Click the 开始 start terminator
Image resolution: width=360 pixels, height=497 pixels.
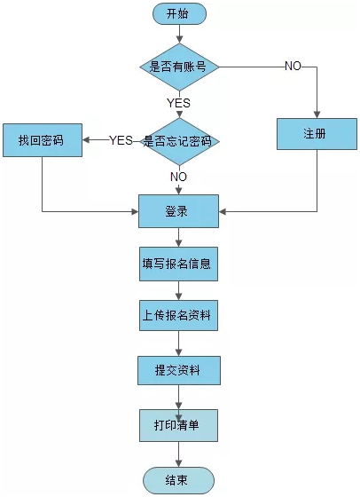pos(179,14)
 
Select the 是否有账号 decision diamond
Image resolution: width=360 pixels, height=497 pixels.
pos(179,67)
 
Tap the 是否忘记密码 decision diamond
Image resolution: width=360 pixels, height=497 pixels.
pos(179,140)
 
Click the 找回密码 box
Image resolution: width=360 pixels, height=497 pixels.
pos(42,140)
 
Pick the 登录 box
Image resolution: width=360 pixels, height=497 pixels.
pos(178,211)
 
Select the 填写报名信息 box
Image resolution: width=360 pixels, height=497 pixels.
pos(178,264)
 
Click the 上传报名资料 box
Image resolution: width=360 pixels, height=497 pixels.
pos(178,315)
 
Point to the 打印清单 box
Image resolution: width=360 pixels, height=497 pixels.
pos(178,425)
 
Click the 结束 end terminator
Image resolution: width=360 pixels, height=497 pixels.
pos(178,480)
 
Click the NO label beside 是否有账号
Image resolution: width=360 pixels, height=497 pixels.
pos(292,67)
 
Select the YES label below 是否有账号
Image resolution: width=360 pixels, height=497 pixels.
pos(179,102)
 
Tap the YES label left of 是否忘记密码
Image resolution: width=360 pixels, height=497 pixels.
pos(121,140)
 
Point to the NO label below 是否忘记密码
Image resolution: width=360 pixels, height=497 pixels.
pos(179,177)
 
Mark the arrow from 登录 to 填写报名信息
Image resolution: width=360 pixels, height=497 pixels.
pos(179,237)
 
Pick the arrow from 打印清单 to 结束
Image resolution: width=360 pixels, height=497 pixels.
pos(179,454)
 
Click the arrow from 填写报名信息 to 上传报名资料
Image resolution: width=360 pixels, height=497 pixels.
pos(179,289)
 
